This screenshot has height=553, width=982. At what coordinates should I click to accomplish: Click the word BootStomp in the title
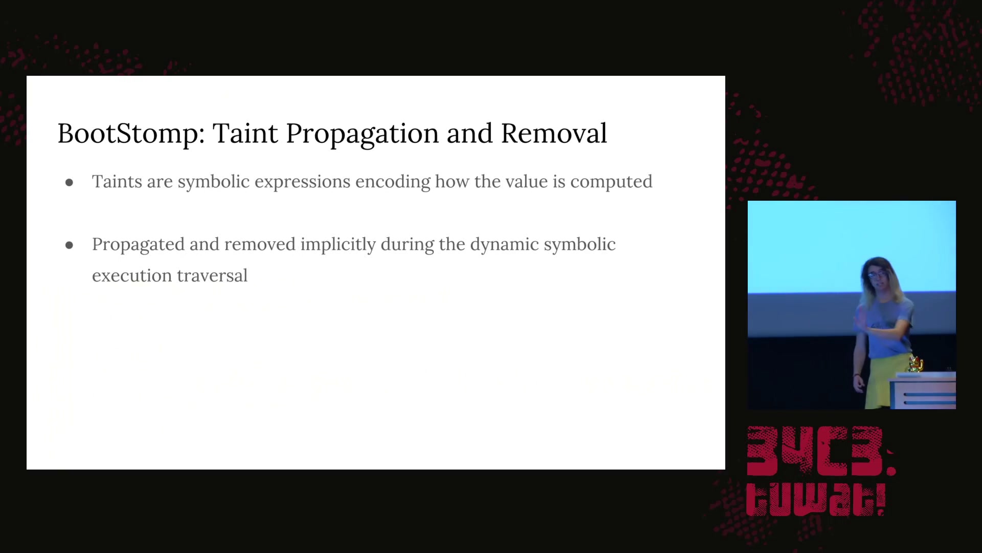[x=131, y=134]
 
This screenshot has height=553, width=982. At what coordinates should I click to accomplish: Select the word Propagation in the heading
[x=363, y=134]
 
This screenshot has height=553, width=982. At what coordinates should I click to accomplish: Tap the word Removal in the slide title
[x=554, y=133]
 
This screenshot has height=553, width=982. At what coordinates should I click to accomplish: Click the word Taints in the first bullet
[x=117, y=181]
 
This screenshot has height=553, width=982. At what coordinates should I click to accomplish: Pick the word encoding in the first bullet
[x=393, y=182]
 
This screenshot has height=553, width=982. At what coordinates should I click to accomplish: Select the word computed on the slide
[x=611, y=182]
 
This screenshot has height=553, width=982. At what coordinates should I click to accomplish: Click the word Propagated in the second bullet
[x=138, y=245]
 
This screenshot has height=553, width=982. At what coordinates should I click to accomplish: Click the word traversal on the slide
[x=212, y=275]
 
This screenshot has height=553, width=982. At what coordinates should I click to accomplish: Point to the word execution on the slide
[x=132, y=276]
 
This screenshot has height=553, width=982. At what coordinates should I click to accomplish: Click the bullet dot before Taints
[x=70, y=183]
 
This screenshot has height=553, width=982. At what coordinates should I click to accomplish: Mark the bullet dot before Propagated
[x=70, y=246]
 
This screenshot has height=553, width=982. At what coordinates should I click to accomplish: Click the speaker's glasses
[x=876, y=275]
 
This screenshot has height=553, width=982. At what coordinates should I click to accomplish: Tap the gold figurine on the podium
[x=916, y=364]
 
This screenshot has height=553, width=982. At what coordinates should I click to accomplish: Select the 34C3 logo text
[x=820, y=451]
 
